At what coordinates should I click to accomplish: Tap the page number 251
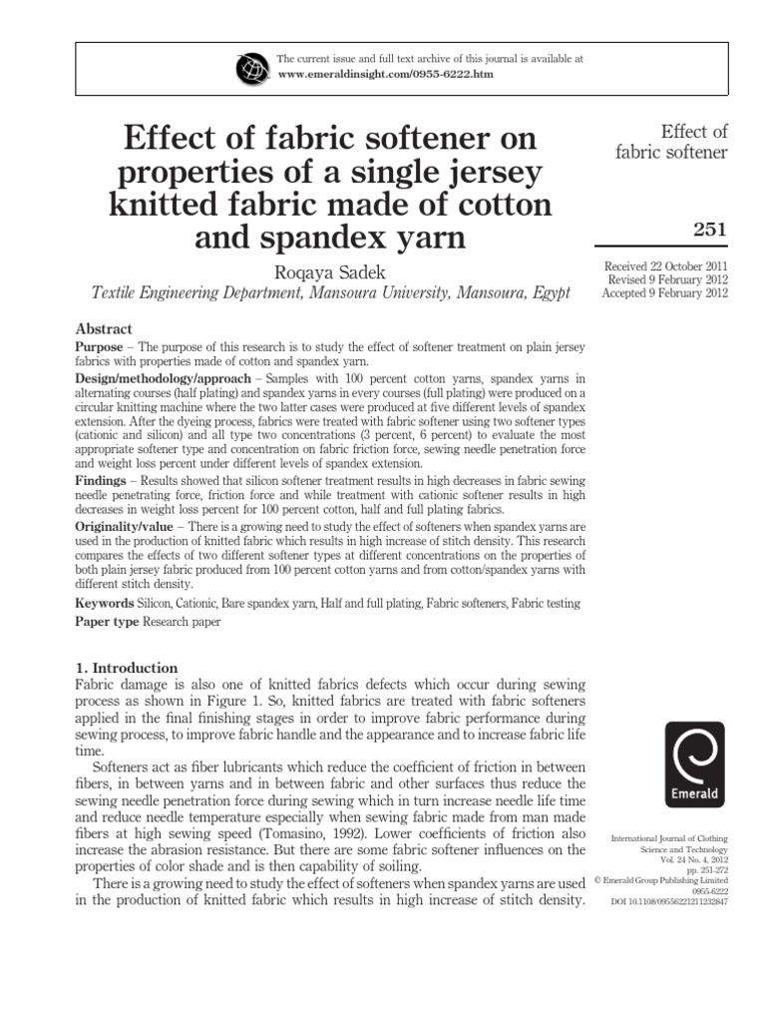point(709,231)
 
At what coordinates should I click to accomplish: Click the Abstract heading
point(105,329)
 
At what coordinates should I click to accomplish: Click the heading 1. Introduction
point(127,668)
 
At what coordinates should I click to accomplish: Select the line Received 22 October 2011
point(666,265)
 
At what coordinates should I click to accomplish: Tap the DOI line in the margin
point(670,902)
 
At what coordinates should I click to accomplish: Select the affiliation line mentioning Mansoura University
point(330,293)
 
